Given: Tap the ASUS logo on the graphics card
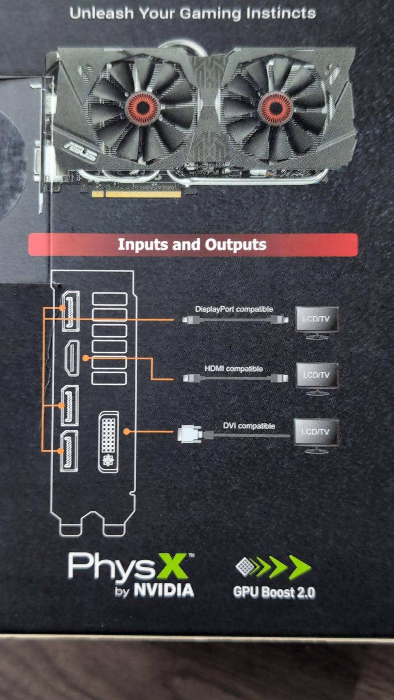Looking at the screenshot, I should [x=80, y=150].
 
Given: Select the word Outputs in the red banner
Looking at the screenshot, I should [x=236, y=244].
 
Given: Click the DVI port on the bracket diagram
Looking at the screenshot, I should [x=109, y=441].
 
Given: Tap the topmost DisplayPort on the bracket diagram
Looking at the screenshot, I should [x=71, y=311].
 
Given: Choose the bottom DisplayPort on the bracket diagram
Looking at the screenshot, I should [x=69, y=451].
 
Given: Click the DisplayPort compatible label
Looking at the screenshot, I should [x=234, y=309].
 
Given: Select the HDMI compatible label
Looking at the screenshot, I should [x=234, y=369].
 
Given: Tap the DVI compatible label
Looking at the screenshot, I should [x=249, y=426].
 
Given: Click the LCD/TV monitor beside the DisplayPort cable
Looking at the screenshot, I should [x=317, y=321].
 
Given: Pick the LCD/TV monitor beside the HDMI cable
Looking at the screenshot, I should [x=317, y=377].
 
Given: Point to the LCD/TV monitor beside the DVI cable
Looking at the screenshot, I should [x=316, y=433].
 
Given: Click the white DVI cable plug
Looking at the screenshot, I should [x=189, y=433].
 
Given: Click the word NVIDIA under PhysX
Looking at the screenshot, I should [x=164, y=591].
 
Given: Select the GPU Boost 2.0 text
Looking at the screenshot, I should [x=274, y=592].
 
